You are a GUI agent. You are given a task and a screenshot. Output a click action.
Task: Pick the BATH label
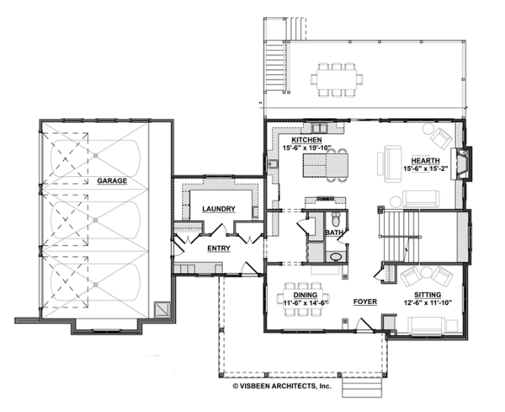tap(335, 232)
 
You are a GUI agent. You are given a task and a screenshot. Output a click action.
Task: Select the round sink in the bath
tap(334, 256)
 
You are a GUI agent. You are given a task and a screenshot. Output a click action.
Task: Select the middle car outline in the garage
tap(94, 221)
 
